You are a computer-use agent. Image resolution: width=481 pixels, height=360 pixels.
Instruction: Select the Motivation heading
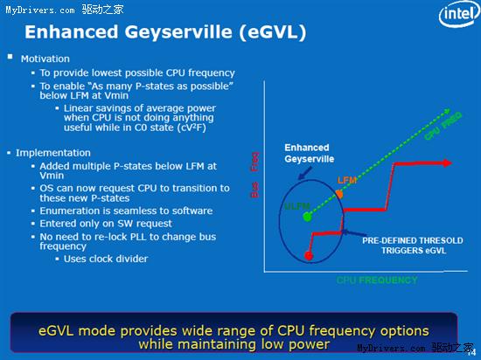pyautogui.click(x=45, y=59)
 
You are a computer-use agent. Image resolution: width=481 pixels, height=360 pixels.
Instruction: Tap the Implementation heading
pyautogui.click(x=52, y=152)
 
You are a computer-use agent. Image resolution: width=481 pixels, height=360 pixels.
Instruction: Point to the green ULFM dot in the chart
pyautogui.click(x=308, y=216)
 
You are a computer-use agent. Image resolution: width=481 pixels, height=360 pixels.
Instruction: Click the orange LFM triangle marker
pyautogui.click(x=339, y=191)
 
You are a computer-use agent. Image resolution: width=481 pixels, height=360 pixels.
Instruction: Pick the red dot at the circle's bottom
pyautogui.click(x=308, y=256)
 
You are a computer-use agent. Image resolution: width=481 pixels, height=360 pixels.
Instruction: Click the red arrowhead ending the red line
pyautogui.click(x=446, y=162)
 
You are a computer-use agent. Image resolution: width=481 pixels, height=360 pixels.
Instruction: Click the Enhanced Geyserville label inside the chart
pyautogui.click(x=308, y=155)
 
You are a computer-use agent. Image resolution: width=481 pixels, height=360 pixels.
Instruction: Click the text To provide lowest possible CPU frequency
pyautogui.click(x=137, y=73)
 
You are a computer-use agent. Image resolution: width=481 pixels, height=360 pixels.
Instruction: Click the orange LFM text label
pyautogui.click(x=347, y=179)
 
